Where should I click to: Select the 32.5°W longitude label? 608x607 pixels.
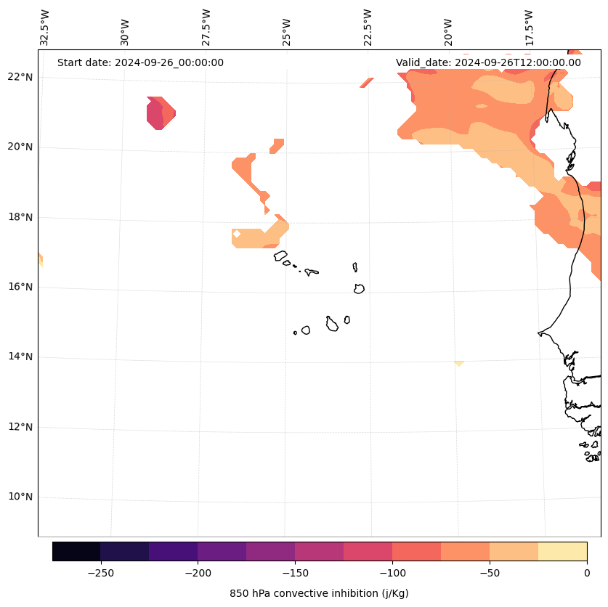(45, 28)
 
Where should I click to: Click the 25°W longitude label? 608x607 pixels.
(287, 28)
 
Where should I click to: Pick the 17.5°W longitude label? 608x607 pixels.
(530, 28)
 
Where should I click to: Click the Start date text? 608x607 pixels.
(140, 62)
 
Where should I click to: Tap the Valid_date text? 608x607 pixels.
(488, 62)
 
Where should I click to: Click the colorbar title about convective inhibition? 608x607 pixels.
(319, 593)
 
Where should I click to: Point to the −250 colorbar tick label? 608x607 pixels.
(100, 573)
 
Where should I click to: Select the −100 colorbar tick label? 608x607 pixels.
(392, 573)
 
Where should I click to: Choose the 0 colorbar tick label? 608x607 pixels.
(587, 573)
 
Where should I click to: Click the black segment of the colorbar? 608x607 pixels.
(76, 552)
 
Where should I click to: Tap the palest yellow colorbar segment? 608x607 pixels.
(562, 552)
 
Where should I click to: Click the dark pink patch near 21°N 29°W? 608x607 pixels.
(155, 113)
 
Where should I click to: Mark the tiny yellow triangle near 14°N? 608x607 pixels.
(458, 362)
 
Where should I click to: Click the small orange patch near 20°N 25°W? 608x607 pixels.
(277, 145)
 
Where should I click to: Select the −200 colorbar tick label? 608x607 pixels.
(198, 573)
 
